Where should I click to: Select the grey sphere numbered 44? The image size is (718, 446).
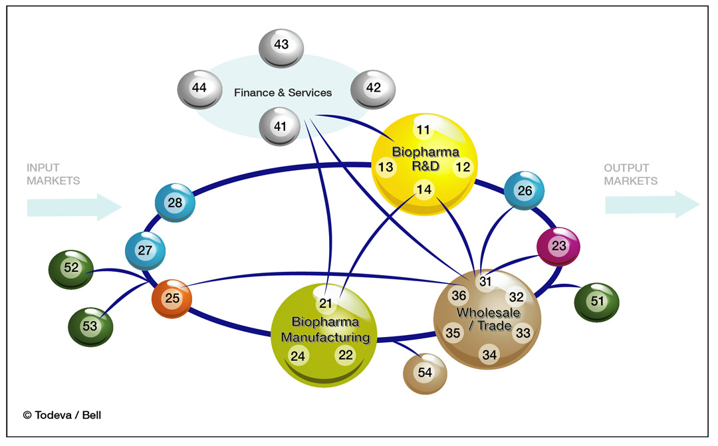pos(200,89)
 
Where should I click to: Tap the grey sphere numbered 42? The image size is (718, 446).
pos(373,89)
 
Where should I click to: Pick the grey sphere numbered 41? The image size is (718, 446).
pos(281,126)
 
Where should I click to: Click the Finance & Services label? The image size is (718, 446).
pos(283,92)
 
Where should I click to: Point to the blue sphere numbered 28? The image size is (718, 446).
pos(175,203)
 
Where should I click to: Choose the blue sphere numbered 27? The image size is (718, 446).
pos(146,251)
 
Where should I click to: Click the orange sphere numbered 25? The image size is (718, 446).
pos(172,299)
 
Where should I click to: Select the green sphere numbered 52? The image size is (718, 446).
pos(71,269)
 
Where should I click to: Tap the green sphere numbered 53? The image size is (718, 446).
pos(90,326)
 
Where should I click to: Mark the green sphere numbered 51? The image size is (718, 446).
pos(597,302)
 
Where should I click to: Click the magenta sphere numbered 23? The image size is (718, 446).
pos(558,246)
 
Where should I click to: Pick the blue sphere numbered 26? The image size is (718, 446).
pos(525,191)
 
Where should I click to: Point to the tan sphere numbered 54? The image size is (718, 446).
pos(425,373)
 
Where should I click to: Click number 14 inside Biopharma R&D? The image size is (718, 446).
pos(424,190)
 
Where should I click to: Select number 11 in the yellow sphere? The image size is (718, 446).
pos(423,130)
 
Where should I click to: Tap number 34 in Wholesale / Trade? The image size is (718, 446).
pos(489,355)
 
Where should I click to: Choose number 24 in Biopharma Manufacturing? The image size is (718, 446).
pos(299,356)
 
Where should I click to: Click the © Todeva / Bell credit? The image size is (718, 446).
pos(62,415)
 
